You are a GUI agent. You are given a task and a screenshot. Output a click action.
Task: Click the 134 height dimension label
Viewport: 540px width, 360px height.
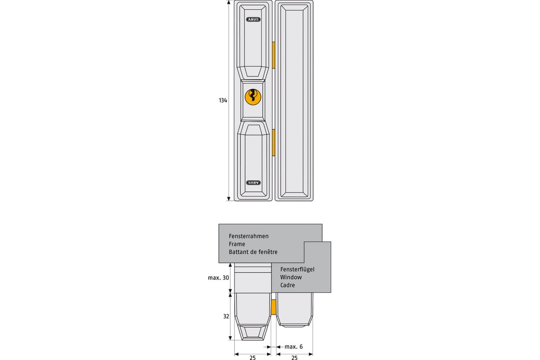click(223, 100)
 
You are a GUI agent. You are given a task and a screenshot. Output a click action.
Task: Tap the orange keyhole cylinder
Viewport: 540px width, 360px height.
click(253, 97)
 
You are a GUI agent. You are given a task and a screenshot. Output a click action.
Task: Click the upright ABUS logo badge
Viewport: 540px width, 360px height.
click(253, 19)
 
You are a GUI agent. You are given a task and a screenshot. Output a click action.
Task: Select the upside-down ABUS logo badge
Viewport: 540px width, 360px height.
click(253, 183)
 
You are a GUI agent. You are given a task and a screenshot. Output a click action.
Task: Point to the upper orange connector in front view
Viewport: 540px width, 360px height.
click(274, 55)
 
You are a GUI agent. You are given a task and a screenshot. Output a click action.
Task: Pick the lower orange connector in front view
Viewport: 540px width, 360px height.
click(274, 143)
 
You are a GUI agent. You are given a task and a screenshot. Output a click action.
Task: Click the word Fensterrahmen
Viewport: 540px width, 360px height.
click(248, 236)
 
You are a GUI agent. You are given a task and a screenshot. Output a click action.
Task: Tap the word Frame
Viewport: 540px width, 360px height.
click(237, 244)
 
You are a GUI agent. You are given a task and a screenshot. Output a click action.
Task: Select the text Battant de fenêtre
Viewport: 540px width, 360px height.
click(253, 252)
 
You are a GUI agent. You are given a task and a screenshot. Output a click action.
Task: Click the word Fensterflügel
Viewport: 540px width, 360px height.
click(297, 270)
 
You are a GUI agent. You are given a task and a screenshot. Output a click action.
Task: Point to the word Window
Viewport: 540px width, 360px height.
click(291, 277)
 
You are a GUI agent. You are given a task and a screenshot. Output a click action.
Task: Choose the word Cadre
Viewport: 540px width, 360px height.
click(288, 285)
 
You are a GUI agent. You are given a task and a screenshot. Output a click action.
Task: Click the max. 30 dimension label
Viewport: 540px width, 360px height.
click(218, 278)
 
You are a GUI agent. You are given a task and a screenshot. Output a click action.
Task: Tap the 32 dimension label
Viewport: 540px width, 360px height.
click(226, 316)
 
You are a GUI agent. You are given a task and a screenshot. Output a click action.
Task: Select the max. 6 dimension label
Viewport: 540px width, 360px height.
click(293, 347)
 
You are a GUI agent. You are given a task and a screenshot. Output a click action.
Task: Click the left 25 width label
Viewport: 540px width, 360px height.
click(252, 358)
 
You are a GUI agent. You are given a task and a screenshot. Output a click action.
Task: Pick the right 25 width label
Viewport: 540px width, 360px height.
click(294, 358)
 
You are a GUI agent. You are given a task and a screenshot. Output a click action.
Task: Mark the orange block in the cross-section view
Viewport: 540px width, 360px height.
click(274, 307)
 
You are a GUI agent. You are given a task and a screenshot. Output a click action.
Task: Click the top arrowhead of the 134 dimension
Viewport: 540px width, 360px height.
click(229, 2)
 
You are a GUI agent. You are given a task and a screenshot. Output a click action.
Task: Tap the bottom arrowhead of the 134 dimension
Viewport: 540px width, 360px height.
click(229, 199)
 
